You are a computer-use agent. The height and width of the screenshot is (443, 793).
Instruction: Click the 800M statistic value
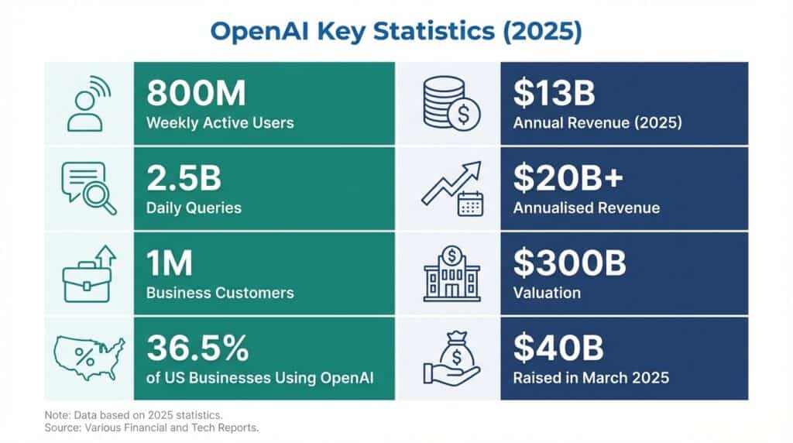(196, 94)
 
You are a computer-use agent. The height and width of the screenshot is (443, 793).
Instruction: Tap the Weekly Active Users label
(220, 123)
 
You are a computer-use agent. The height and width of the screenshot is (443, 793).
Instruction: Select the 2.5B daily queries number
(184, 179)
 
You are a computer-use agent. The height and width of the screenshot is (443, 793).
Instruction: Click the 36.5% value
(197, 349)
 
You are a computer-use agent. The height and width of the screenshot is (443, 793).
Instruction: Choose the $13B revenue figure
(554, 94)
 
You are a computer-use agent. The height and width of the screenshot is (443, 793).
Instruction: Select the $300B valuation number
(569, 264)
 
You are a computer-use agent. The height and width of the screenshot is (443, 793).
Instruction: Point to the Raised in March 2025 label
(590, 379)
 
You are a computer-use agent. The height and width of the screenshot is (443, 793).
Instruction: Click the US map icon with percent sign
(88, 359)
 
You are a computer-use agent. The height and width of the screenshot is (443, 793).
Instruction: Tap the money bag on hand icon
(451, 359)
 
